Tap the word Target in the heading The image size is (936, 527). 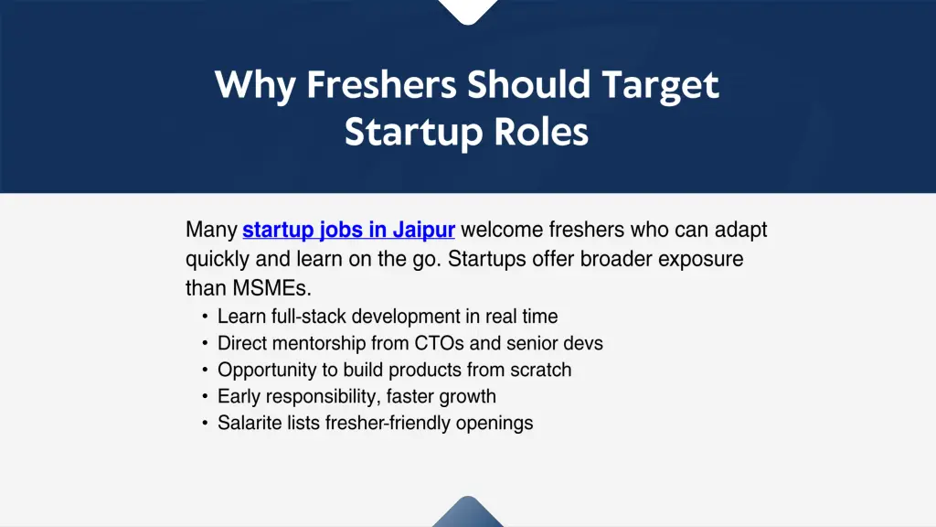click(x=660, y=85)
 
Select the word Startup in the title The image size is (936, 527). click(x=413, y=133)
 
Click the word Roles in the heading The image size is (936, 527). click(x=542, y=133)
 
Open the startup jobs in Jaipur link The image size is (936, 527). click(x=348, y=230)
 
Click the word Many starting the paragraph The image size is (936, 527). click(x=211, y=230)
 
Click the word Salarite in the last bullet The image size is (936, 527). click(x=250, y=424)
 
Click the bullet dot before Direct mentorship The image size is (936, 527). click(x=205, y=344)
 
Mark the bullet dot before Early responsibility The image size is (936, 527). click(x=205, y=397)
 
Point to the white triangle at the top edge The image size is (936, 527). click(x=467, y=10)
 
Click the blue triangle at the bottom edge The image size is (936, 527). click(x=467, y=514)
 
